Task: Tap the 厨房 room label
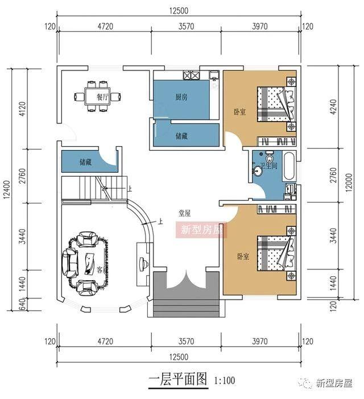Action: [181, 97]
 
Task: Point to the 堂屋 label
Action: [184, 213]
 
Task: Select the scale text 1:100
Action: [225, 381]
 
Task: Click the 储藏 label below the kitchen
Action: [182, 136]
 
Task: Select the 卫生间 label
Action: [268, 167]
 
